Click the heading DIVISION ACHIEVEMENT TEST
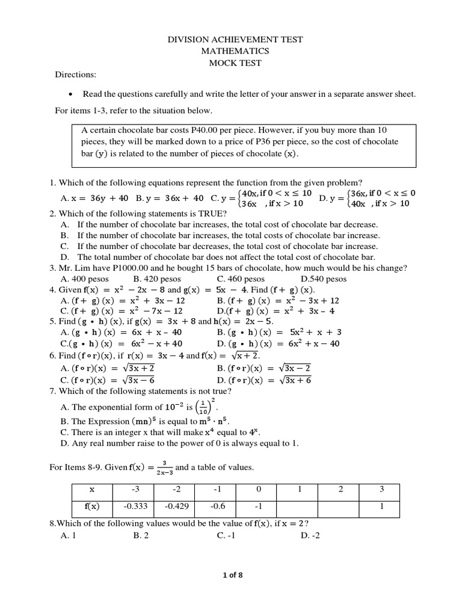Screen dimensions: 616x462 pyautogui.click(x=234, y=40)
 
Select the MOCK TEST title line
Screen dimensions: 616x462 pyautogui.click(x=234, y=63)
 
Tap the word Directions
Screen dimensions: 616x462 pyautogui.click(x=76, y=75)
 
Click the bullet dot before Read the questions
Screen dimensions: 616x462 pyautogui.click(x=71, y=94)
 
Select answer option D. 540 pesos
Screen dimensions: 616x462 pyautogui.click(x=323, y=279)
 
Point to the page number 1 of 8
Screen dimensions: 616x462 pyautogui.click(x=231, y=575)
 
